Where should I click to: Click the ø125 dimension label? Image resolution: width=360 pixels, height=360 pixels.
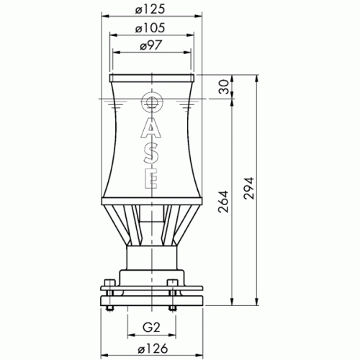pos(150,9)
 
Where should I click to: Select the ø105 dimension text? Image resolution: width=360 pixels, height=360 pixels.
pos(150,28)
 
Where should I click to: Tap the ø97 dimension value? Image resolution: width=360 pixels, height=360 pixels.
pos(151,45)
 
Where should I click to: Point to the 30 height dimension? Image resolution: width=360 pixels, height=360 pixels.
pos(223,87)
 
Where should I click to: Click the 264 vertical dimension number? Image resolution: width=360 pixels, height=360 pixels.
pos(223,202)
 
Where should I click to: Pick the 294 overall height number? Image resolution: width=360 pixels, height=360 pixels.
pos(248,188)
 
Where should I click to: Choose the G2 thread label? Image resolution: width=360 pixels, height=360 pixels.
pos(151,328)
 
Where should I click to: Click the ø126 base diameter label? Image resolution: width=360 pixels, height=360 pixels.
pos(153,348)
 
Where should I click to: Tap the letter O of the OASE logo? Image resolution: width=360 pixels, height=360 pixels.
pos(152,102)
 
